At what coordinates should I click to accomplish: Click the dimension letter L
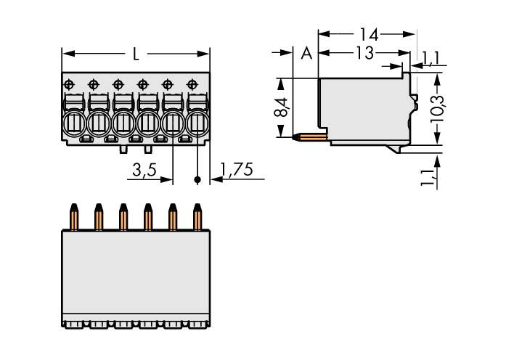(136, 54)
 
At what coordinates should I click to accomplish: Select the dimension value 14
(368, 33)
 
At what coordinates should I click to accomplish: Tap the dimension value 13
(364, 53)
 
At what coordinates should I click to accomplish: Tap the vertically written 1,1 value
(429, 176)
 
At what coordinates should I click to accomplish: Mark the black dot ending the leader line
(197, 179)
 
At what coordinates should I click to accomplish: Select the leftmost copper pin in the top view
(73, 217)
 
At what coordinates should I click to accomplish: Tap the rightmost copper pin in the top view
(197, 217)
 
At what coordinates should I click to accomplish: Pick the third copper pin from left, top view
(123, 217)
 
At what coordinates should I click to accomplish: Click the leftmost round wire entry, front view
(73, 123)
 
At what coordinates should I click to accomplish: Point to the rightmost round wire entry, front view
(196, 124)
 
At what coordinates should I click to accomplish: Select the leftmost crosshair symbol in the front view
(69, 85)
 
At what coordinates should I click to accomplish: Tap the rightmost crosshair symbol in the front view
(192, 85)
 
